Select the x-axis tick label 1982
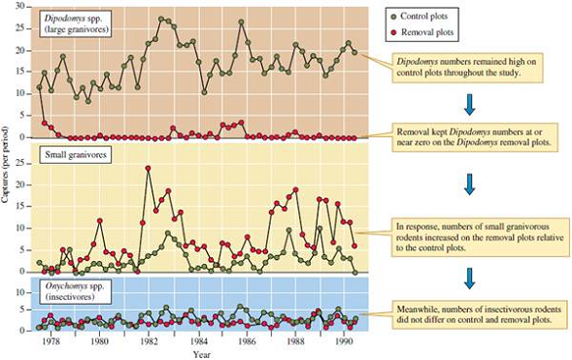149,342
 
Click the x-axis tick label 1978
50,342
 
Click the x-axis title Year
201,354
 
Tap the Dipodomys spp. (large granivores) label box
75,23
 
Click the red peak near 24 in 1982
149,169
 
